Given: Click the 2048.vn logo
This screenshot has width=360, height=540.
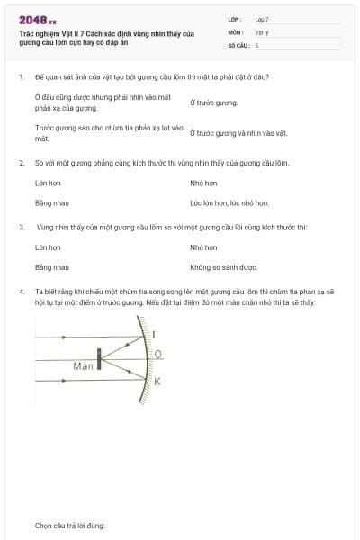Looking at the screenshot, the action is pos(38,20).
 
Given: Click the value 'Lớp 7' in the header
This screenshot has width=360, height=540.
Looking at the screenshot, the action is pos(262,19).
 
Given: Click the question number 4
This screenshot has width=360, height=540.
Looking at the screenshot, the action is pos(21,292).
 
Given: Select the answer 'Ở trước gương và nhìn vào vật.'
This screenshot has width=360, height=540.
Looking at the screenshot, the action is pos(238,132).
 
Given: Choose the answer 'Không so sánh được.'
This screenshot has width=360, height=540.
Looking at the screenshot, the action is pos(224,267).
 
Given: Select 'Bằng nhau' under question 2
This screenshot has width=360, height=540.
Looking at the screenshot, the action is pos(51,204).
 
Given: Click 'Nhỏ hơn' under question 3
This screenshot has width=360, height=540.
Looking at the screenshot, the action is pos(203,247).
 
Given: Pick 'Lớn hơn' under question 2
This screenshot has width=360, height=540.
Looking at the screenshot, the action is pos(48,183).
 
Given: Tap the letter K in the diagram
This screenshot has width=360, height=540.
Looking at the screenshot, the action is pos(157,382).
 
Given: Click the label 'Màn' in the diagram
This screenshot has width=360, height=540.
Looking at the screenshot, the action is pos(84,366).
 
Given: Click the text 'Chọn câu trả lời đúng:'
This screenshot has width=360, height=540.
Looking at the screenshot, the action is pos(70,525).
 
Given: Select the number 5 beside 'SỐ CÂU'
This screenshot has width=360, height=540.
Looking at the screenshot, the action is pos(257,44).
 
